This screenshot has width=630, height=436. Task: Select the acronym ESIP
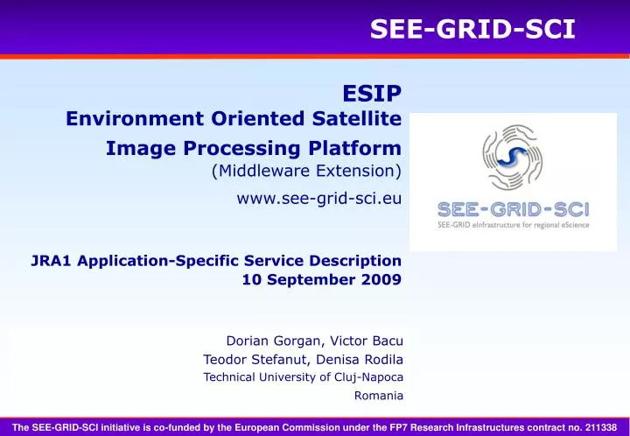372,94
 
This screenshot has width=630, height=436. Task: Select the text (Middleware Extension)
306,170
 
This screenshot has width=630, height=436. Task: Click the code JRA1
52,260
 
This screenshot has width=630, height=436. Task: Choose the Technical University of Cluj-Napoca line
303,377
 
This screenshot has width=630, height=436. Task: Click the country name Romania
378,396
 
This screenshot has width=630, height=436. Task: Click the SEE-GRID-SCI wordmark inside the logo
513,209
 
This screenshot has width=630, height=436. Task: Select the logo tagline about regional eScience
513,225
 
